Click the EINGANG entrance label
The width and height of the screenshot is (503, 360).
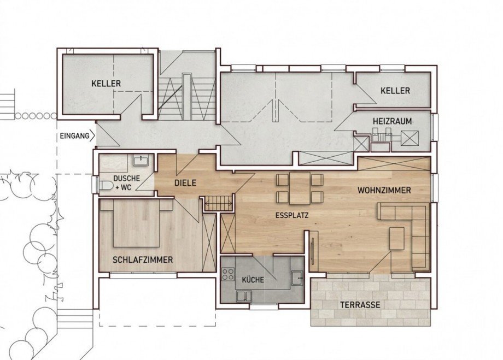74,136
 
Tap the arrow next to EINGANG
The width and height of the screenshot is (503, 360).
93,136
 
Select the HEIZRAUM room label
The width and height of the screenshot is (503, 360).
393,121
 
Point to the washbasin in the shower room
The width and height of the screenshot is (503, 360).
140,160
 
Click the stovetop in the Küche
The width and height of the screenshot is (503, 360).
228,274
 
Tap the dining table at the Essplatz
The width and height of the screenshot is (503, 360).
300,188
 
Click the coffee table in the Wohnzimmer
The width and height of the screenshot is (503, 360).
397,238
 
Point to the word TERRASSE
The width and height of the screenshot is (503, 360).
360,304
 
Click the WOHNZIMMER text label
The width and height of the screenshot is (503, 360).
384,191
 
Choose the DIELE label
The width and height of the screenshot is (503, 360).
185,183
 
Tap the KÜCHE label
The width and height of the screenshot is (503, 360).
253,280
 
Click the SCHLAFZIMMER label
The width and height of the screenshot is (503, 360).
143,259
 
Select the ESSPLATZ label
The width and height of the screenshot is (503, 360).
292,215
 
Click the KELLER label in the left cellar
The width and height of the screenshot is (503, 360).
106,84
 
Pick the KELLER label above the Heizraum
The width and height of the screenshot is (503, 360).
395,91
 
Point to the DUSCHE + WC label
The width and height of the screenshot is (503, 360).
126,182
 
